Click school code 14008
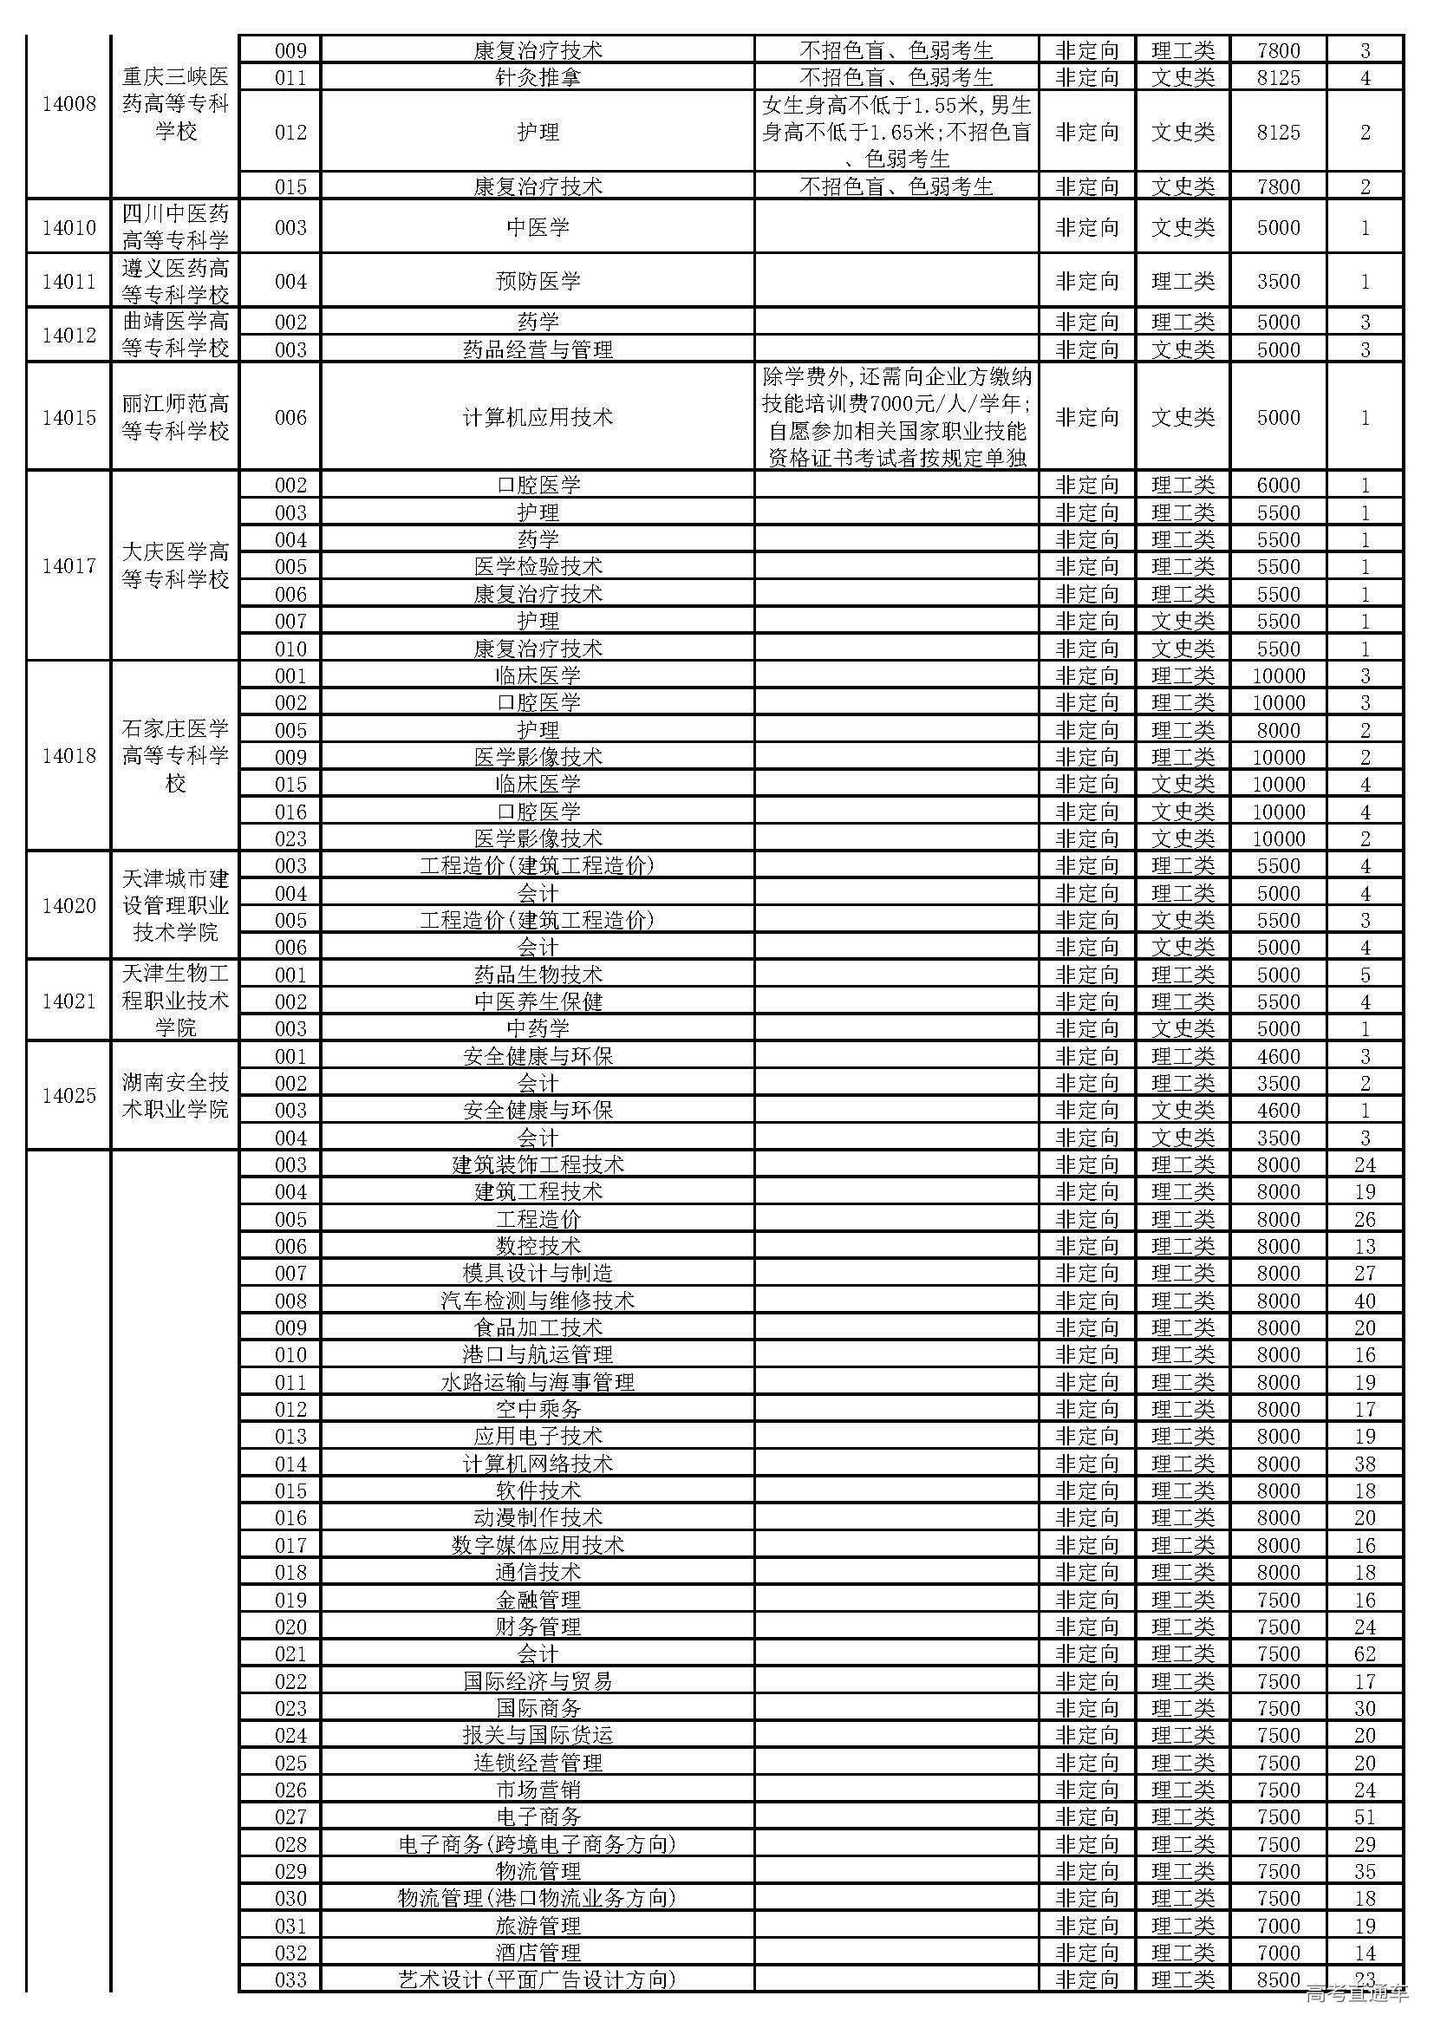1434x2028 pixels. pos(68,105)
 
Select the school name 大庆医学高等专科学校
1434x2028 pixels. pos(175,566)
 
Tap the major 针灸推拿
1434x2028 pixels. pos(538,78)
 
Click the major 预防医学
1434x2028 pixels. pos(538,282)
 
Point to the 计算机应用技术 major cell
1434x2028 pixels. pos(538,418)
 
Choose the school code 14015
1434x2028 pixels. pos(68,418)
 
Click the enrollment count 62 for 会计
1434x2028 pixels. pos(1365,1654)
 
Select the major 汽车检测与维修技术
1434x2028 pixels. pos(538,1301)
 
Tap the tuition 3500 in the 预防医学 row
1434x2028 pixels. pos(1278,282)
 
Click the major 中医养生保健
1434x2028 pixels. pos(538,1002)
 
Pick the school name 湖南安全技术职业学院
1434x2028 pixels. pos(175,1096)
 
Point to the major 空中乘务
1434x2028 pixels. pos(538,1410)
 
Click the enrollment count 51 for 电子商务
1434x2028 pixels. pos(1365,1817)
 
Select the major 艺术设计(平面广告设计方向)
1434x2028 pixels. pos(538,1979)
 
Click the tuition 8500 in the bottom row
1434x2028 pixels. pos(1278,1979)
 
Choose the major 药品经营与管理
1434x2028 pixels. pos(538,349)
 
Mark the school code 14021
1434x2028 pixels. pos(68,1001)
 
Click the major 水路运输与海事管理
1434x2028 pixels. pos(538,1382)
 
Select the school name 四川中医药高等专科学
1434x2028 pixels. pos(175,227)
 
